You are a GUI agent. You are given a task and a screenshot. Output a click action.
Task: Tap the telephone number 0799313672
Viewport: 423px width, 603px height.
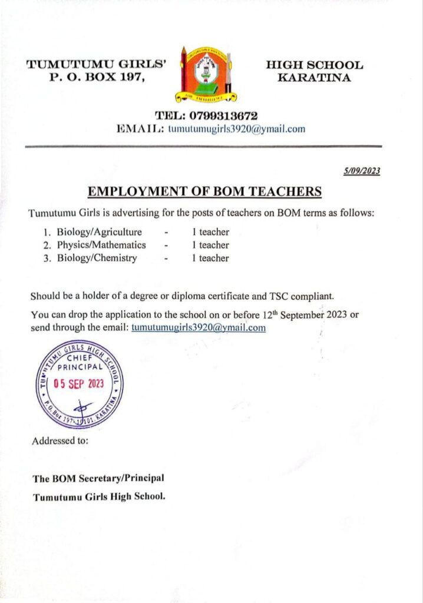pos(206,116)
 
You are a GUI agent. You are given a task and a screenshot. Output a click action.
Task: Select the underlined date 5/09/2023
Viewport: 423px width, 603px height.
pos(362,171)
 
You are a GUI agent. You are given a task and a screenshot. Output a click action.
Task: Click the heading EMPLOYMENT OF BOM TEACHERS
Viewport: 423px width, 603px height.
pos(204,191)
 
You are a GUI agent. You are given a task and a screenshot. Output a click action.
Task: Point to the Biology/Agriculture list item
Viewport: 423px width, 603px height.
pos(100,232)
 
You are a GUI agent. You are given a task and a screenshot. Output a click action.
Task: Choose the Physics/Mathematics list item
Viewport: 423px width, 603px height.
pos(101,245)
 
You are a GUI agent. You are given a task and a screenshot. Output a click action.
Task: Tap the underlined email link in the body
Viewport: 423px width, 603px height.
pos(199,327)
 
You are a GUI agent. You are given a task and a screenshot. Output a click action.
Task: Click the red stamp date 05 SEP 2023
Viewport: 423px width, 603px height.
pos(78,383)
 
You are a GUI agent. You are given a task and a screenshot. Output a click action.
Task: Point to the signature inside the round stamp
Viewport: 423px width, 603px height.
pos(81,406)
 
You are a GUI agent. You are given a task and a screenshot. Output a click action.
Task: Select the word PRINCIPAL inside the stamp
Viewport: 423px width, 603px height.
pos(80,366)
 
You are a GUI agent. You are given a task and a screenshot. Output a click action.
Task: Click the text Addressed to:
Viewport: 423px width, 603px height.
pos(60,441)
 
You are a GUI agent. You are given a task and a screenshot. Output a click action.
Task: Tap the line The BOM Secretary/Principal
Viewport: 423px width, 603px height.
pos(99,478)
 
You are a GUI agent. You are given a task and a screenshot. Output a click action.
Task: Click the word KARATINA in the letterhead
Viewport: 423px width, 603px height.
pos(315,78)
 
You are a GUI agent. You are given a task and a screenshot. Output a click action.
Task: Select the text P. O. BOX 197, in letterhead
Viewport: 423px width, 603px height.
pos(97,78)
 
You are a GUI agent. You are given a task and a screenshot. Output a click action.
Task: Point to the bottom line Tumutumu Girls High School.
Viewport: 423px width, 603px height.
pos(99,496)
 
